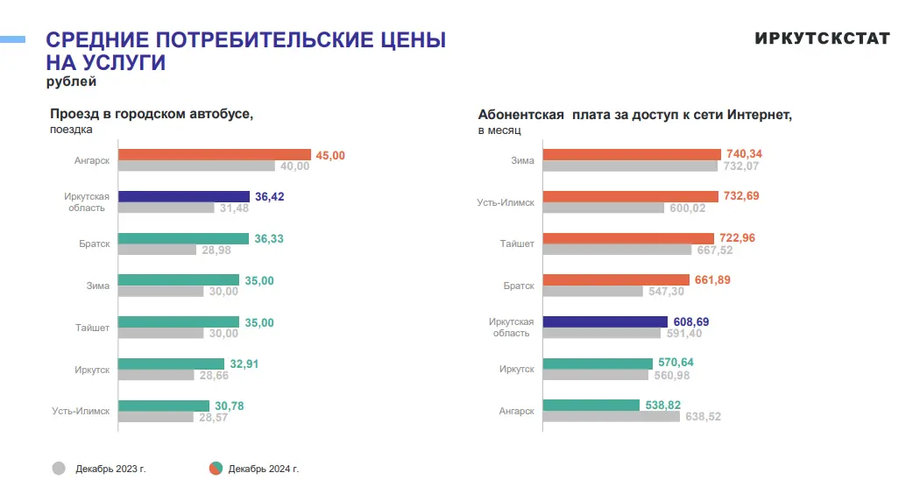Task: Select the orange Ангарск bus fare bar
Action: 215,155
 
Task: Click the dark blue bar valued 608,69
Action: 605,322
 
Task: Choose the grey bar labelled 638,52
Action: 612,416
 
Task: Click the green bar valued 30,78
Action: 164,406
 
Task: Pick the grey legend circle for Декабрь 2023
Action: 59,468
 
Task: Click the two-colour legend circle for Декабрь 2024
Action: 216,468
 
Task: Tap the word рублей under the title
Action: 71,82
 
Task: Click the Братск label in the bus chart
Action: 93,243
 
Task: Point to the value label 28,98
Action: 215,250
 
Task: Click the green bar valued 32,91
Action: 171,363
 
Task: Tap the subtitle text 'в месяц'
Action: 499,130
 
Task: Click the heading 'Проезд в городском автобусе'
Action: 151,114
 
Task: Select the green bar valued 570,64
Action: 598,363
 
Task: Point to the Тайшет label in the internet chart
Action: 517,243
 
